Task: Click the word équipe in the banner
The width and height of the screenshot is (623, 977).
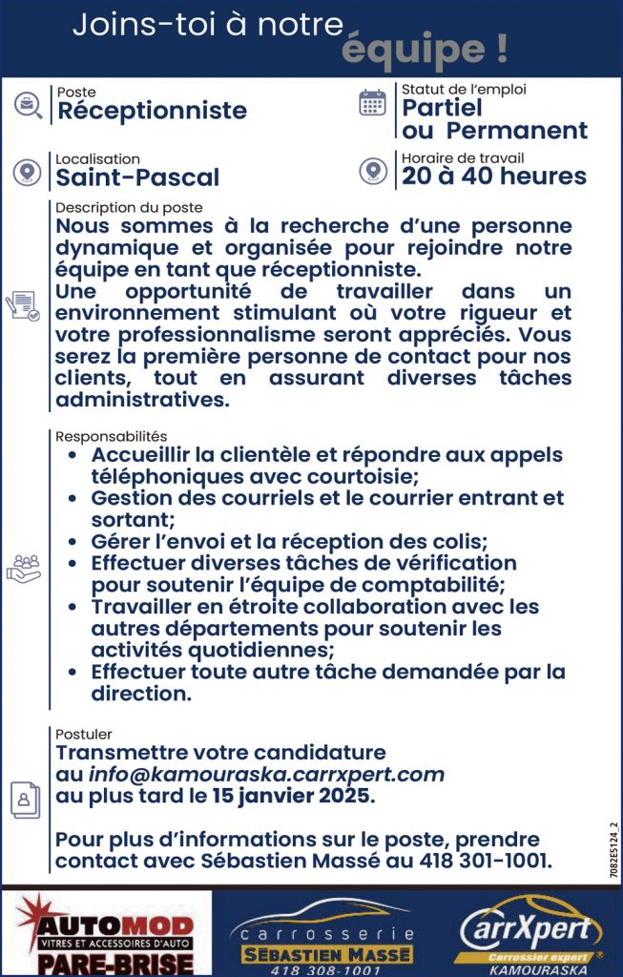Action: coord(424,48)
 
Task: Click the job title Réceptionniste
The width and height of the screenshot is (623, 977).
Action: coord(152,111)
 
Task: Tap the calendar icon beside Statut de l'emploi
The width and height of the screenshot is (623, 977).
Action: coord(372,103)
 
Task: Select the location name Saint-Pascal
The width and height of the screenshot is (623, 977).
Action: coord(137,177)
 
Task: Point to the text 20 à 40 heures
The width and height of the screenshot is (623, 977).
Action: coord(494,177)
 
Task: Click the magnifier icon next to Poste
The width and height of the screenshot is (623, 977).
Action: coord(28,105)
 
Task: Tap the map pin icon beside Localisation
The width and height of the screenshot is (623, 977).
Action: coord(27,172)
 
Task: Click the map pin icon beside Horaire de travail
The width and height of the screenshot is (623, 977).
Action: coord(372,171)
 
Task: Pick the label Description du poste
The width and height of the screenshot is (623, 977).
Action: coord(129,207)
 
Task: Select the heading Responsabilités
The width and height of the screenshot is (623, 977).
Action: coord(111,436)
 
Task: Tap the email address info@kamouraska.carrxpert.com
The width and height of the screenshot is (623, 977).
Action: coord(267,774)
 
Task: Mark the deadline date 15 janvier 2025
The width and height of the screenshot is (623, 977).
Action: coord(293,795)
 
